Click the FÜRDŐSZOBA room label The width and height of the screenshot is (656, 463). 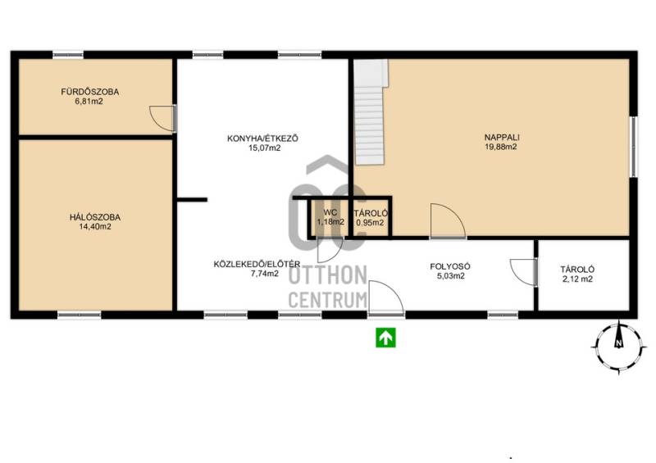[90, 92]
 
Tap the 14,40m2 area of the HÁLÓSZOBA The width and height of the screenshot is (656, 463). [95, 227]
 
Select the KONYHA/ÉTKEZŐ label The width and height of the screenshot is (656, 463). [262, 138]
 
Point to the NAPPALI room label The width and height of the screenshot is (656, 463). [502, 137]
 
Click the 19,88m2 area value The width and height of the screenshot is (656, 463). [501, 147]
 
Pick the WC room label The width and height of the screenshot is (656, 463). [330, 213]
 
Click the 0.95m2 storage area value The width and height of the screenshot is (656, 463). [370, 223]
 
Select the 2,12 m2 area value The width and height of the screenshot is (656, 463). [578, 279]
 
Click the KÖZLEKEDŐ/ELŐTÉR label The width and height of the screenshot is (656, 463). [257, 265]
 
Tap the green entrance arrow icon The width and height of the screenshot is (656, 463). [385, 337]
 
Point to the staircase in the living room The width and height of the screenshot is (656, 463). [371, 111]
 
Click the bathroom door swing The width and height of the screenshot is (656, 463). [162, 118]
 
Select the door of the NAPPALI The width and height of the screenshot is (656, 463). [448, 221]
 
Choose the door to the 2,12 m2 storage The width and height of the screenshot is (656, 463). [523, 272]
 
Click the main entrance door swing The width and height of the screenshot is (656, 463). [385, 297]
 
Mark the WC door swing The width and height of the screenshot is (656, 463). [330, 250]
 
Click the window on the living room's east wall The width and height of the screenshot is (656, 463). [634, 147]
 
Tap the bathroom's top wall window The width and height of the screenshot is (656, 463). [68, 55]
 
